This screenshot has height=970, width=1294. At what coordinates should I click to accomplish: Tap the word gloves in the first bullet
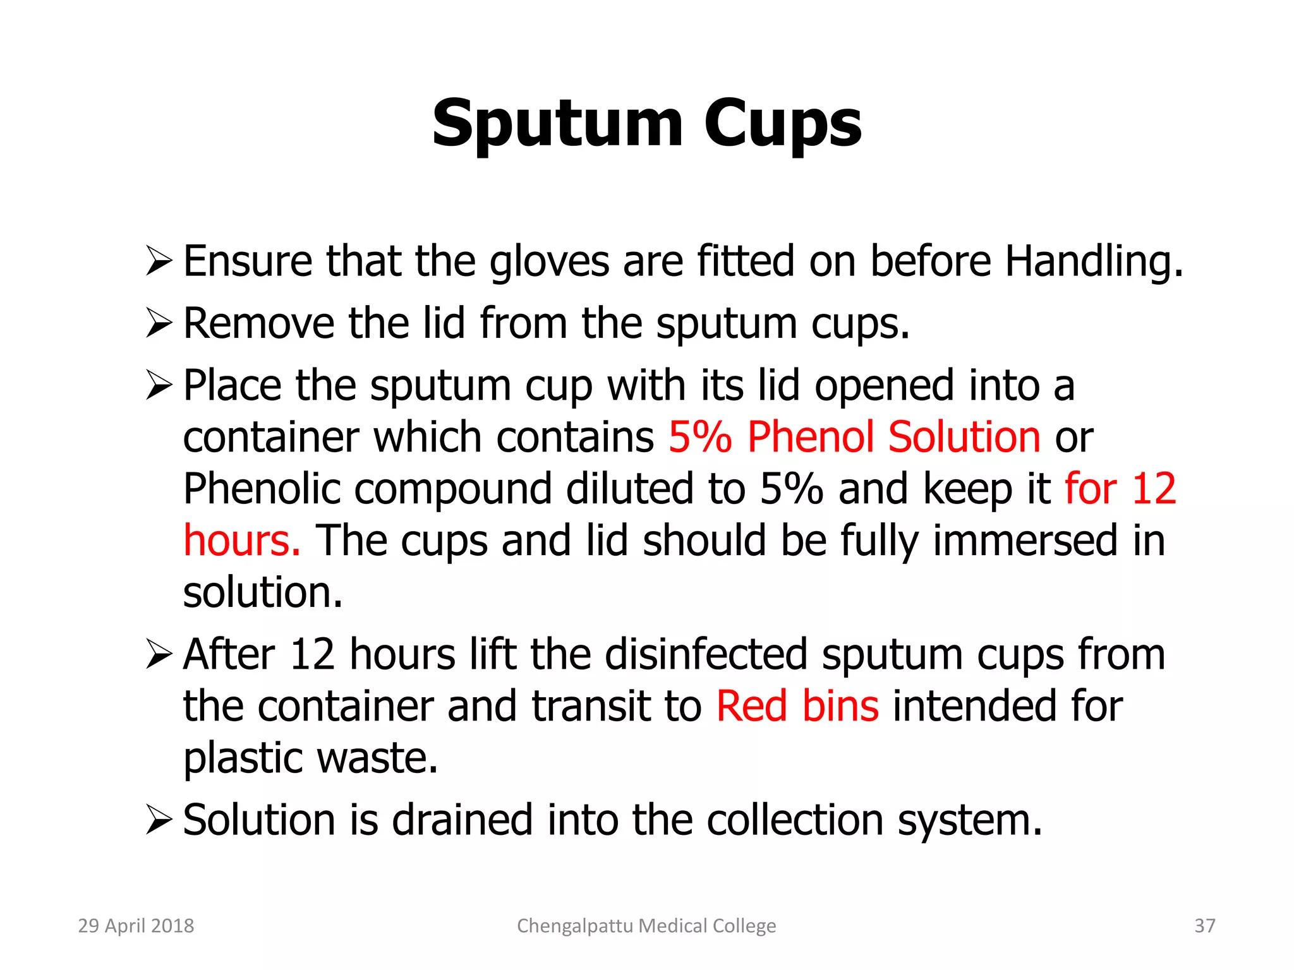tap(549, 261)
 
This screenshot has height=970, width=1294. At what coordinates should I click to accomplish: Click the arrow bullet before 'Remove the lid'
tap(158, 323)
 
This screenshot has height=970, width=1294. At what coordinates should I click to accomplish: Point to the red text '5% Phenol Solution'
tap(854, 437)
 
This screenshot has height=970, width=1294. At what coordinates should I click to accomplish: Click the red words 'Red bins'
tap(797, 706)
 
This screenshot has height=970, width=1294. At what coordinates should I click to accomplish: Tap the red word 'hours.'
tap(241, 541)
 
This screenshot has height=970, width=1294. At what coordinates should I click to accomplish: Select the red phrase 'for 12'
tap(1120, 489)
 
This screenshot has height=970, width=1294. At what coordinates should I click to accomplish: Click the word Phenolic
tap(262, 489)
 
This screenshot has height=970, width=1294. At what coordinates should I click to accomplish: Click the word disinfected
tap(706, 654)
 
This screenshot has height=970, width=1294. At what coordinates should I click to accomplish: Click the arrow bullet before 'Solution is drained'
tap(158, 820)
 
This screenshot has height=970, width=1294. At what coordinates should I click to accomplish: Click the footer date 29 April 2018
tap(136, 926)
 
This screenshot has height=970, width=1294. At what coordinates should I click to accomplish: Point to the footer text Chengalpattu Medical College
tap(646, 926)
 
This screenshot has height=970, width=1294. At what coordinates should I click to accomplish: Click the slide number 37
tap(1205, 926)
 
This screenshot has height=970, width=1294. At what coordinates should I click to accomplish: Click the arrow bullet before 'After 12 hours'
tap(158, 654)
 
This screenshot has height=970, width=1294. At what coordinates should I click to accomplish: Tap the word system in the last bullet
tap(969, 820)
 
